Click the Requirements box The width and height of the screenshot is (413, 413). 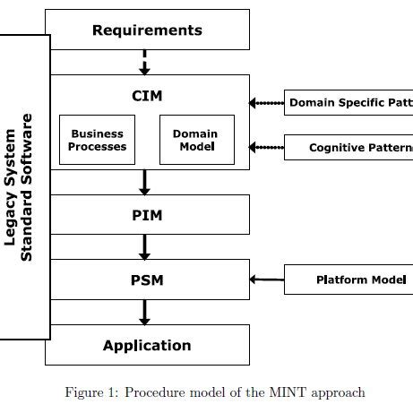click(x=147, y=30)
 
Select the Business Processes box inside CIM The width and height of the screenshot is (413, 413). click(x=99, y=140)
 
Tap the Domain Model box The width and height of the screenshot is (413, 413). click(x=195, y=140)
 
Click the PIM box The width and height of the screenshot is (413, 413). click(x=147, y=216)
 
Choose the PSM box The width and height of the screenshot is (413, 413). click(x=147, y=280)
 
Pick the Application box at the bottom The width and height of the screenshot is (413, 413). click(x=147, y=345)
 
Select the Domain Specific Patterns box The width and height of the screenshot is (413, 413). click(x=349, y=103)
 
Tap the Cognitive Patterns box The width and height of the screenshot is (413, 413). click(x=349, y=147)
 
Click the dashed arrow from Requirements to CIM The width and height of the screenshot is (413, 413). click(x=143, y=63)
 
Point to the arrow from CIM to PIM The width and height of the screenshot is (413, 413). click(x=143, y=183)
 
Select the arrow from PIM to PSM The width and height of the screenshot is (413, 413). click(x=143, y=247)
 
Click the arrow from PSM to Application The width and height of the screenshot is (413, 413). click(x=143, y=312)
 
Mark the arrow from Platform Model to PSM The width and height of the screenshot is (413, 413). click(x=267, y=280)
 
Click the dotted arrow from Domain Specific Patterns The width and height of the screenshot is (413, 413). click(x=267, y=103)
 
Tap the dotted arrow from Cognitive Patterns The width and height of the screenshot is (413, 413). click(x=267, y=147)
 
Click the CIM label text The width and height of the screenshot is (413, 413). click(x=147, y=93)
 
